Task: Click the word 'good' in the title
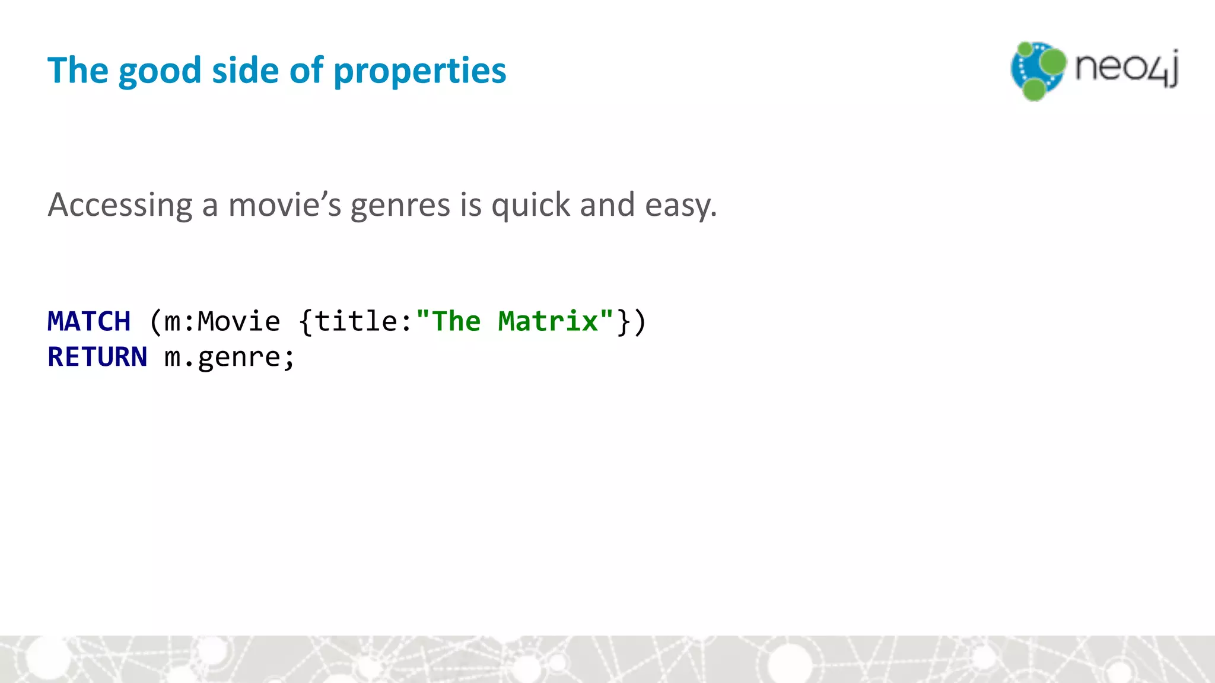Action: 160,71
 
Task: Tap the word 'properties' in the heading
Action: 420,71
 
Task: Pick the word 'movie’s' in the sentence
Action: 285,205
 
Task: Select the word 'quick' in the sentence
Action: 531,205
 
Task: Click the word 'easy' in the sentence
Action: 680,205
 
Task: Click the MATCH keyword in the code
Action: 89,321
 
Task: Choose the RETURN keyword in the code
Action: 97,357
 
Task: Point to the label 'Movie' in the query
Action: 238,321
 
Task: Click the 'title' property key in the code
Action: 355,321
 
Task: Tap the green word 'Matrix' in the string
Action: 548,321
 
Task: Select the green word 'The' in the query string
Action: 456,321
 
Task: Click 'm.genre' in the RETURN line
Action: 222,357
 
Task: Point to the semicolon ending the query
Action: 289,358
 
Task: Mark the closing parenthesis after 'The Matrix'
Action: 640,321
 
